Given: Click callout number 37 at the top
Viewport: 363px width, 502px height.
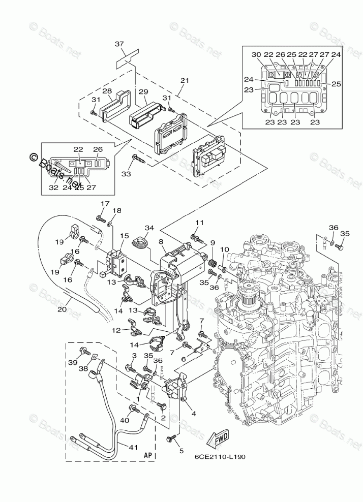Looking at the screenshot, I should pyautogui.click(x=119, y=44).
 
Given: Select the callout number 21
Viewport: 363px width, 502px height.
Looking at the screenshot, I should pyautogui.click(x=184, y=80).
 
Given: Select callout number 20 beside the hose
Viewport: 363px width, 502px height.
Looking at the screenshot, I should pyautogui.click(x=62, y=309).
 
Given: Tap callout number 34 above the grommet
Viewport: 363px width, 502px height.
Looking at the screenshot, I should pyautogui.click(x=149, y=228).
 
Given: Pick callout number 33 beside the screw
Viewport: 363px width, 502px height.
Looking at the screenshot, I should pyautogui.click(x=126, y=174).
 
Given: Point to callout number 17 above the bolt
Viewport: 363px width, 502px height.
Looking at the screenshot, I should pyautogui.click(x=104, y=204).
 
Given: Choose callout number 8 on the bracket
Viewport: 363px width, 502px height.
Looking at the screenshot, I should pyautogui.click(x=161, y=242).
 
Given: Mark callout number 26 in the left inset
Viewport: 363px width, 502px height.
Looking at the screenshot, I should pyautogui.click(x=98, y=149).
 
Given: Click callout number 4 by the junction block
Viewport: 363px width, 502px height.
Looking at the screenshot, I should pyautogui.click(x=193, y=413).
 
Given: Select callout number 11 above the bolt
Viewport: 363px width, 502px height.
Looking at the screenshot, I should pyautogui.click(x=199, y=223).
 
